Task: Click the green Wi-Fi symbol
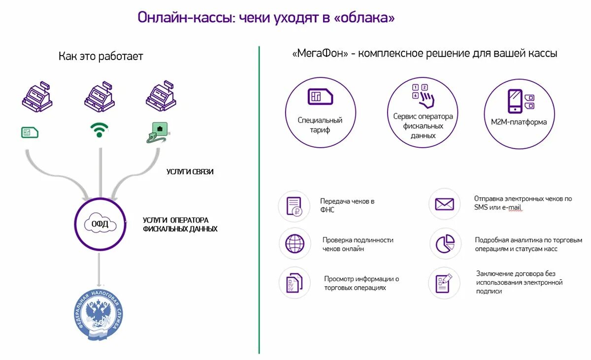pyautogui.click(x=99, y=130)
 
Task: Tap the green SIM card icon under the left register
pyautogui.click(x=30, y=132)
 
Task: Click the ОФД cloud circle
pyautogui.click(x=100, y=225)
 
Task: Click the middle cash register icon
pyautogui.click(x=99, y=96)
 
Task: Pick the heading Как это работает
pyautogui.click(x=100, y=56)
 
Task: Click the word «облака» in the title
pyautogui.click(x=364, y=18)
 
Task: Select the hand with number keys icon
pyautogui.click(x=423, y=96)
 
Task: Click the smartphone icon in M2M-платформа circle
pyautogui.click(x=515, y=101)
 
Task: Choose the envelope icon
pyautogui.click(x=444, y=204)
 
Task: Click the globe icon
pyautogui.click(x=294, y=244)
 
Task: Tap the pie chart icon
pyautogui.click(x=444, y=243)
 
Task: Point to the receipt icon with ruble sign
pyautogui.click(x=294, y=206)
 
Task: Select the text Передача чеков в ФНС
pyautogui.click(x=347, y=205)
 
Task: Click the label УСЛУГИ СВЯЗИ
pyautogui.click(x=190, y=172)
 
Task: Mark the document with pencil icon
pyautogui.click(x=443, y=283)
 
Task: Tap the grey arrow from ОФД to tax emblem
pyautogui.click(x=100, y=268)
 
